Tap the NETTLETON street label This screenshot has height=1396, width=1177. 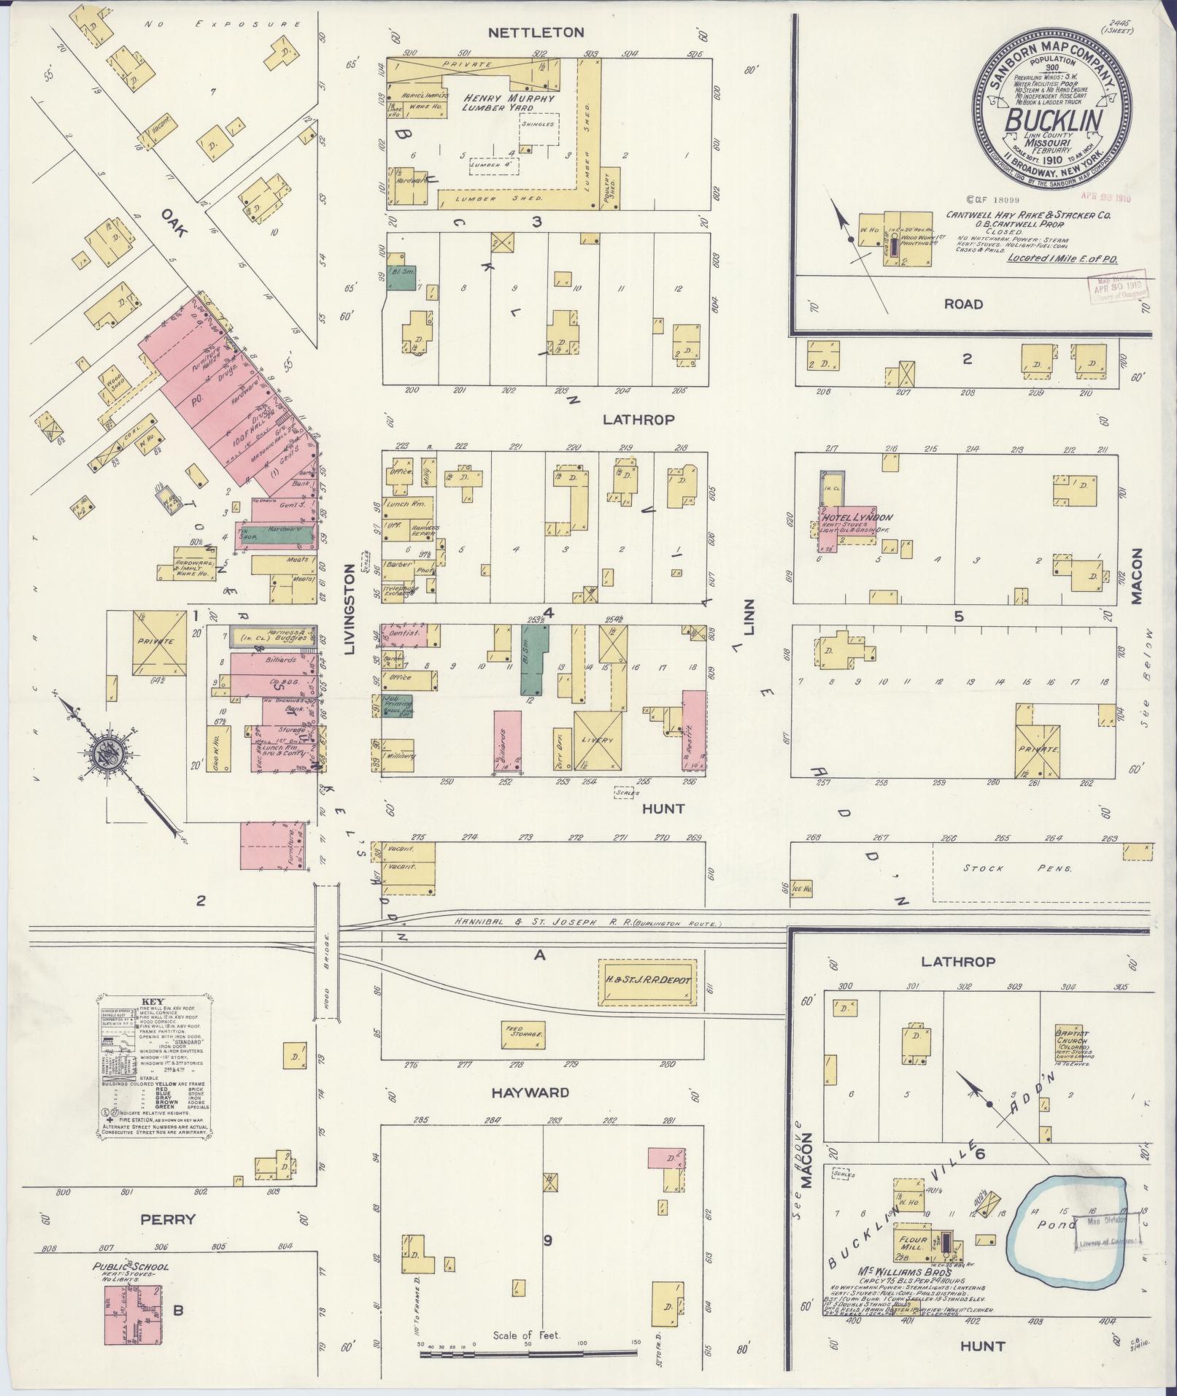[x=536, y=32]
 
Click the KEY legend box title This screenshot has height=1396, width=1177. [x=153, y=1001]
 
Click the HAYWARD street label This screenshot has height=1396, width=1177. [x=530, y=1092]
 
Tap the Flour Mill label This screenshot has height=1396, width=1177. [x=914, y=1243]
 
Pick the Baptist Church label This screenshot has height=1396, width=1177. [x=1071, y=1038]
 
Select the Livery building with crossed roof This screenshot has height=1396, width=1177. [x=598, y=739]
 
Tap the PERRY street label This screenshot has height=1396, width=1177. [x=169, y=1219]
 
